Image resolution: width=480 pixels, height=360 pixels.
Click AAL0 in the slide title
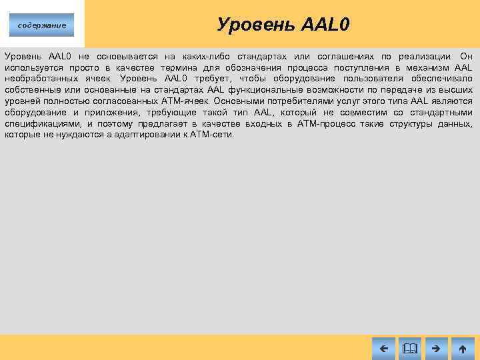(325, 25)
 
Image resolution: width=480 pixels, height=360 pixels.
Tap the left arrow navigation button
(383, 347)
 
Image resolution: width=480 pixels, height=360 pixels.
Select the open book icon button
(409, 347)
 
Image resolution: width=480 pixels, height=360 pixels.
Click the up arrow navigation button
(463, 347)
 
